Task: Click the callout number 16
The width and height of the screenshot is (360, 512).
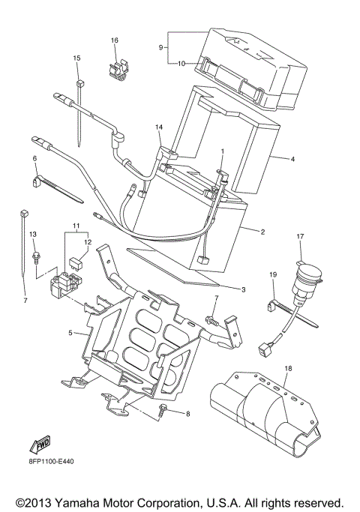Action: tap(115, 40)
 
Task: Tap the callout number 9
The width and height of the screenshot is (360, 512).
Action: tap(161, 47)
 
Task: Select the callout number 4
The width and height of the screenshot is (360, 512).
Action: tap(292, 159)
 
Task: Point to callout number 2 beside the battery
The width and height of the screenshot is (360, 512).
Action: tap(262, 232)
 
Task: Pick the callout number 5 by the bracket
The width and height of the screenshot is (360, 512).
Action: tap(70, 333)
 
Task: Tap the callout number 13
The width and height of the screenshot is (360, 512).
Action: tap(32, 235)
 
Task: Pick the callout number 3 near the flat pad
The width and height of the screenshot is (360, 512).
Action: tap(243, 289)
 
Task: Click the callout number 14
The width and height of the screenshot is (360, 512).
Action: tap(159, 128)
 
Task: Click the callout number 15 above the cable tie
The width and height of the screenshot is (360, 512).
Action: tap(76, 58)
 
